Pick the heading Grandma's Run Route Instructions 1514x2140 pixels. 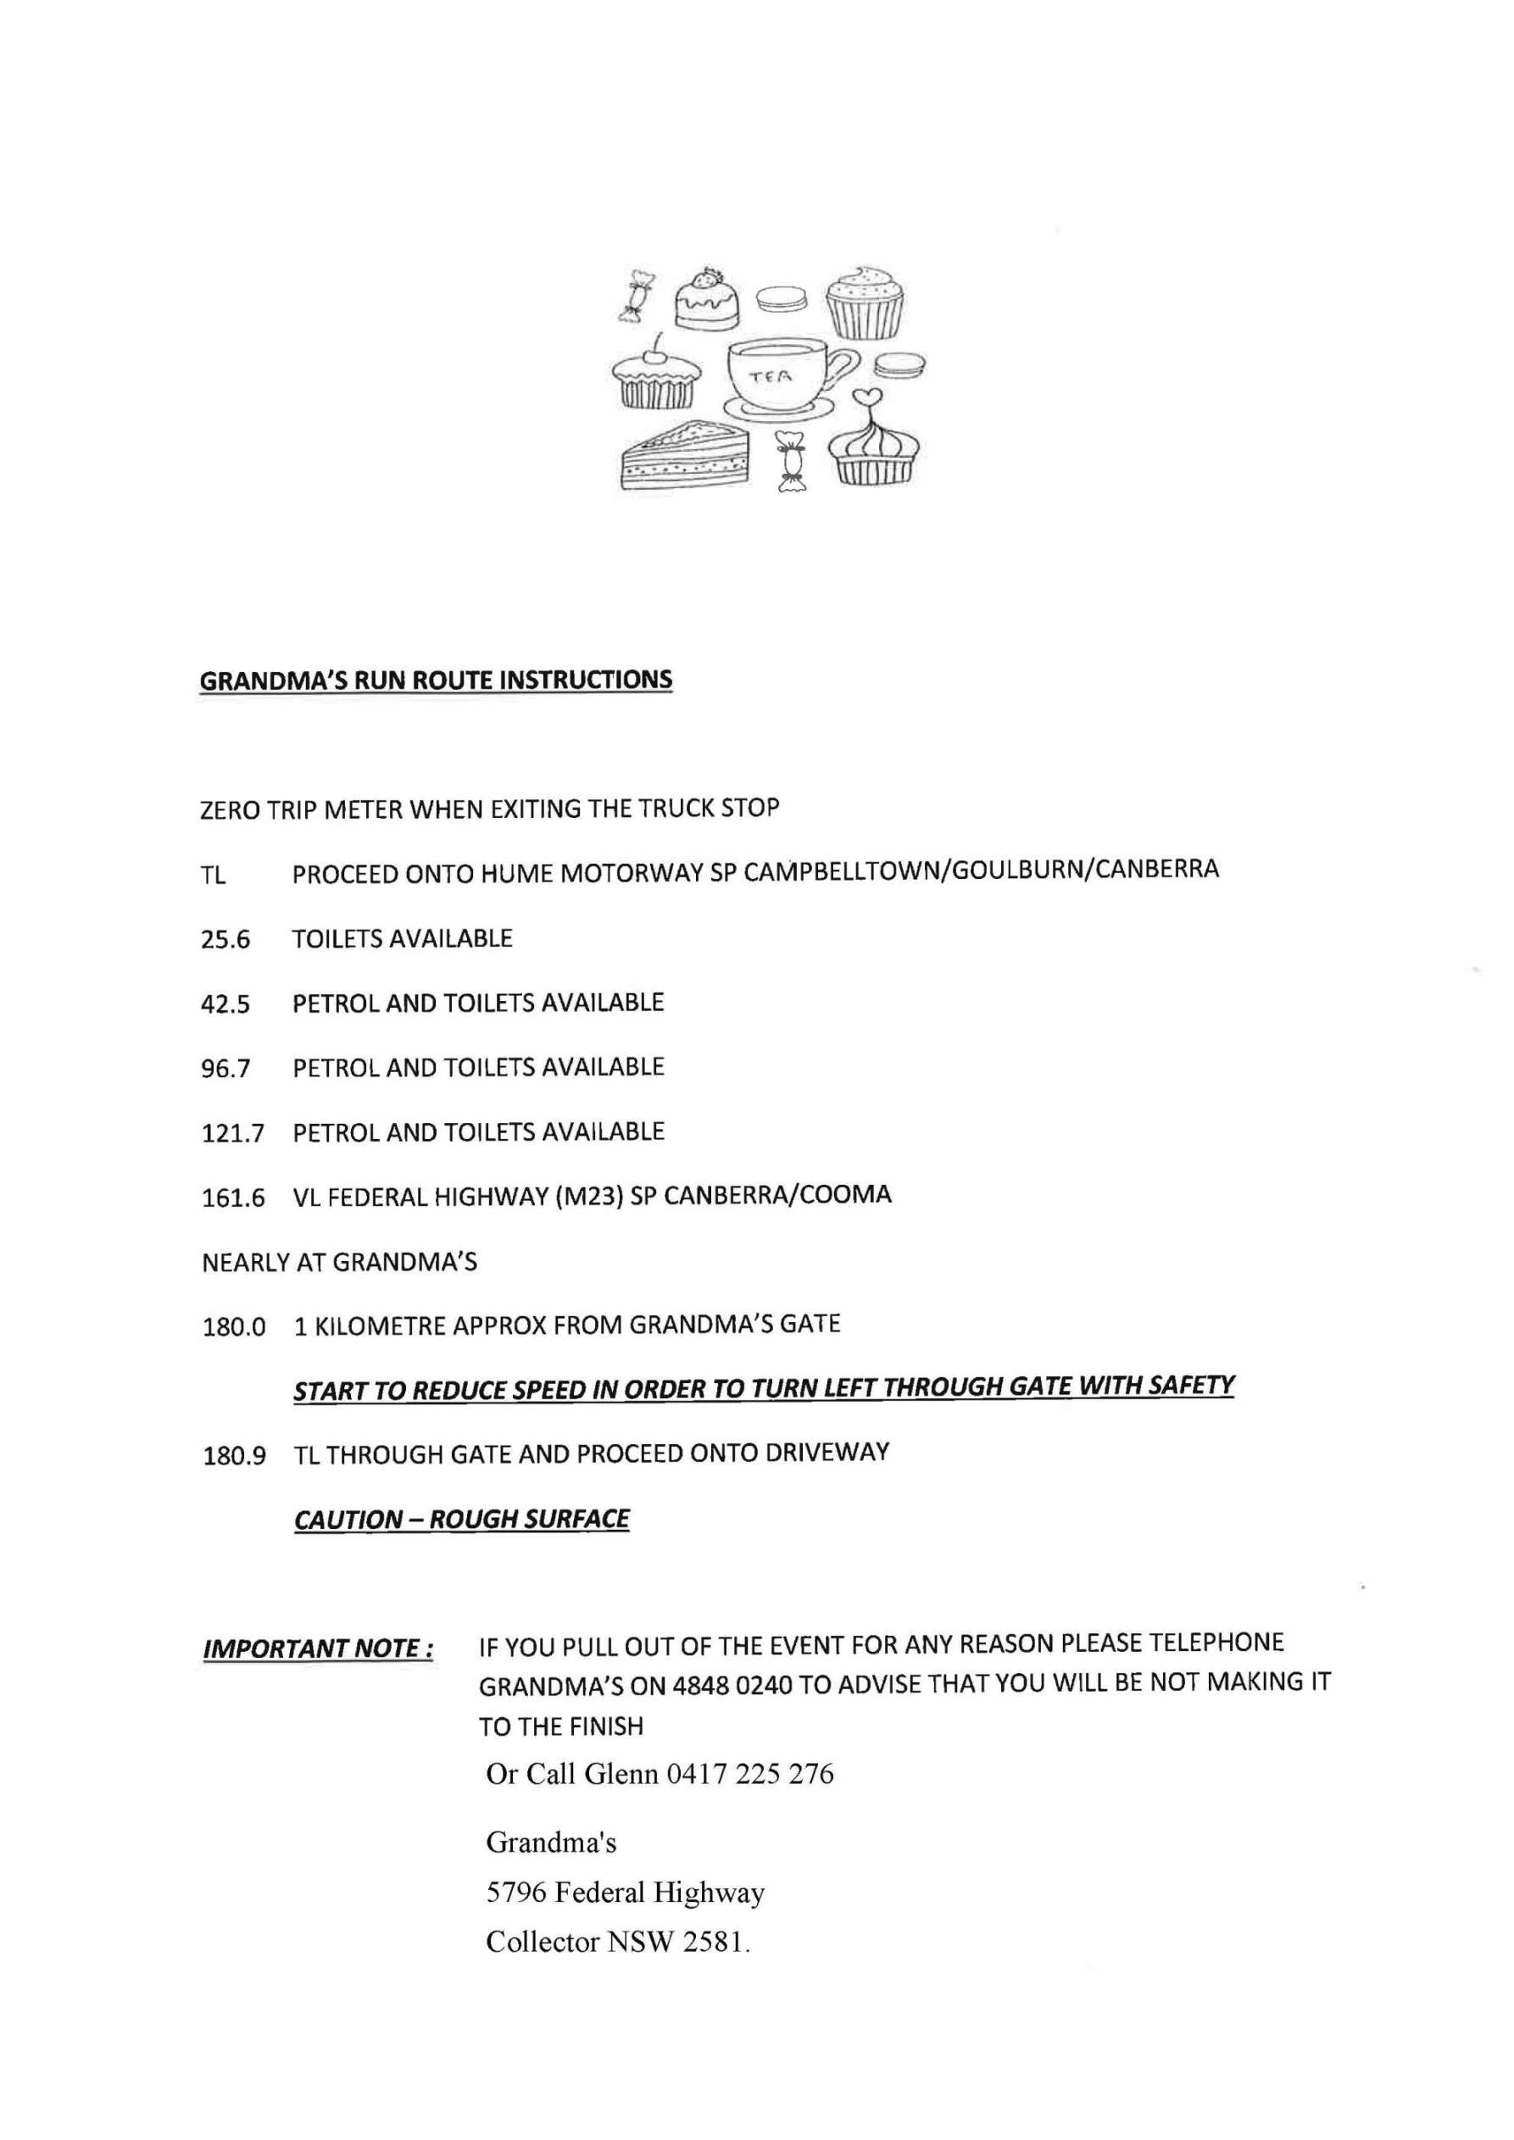pyautogui.click(x=436, y=681)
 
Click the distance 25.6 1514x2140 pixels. pyautogui.click(x=225, y=940)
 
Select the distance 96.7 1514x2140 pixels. pyautogui.click(x=225, y=1069)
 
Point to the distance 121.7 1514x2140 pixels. pyautogui.click(x=232, y=1134)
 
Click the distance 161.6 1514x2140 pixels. pyautogui.click(x=233, y=1198)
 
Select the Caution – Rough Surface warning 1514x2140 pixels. pyautogui.click(x=461, y=1520)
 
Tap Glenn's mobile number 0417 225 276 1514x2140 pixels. pyautogui.click(x=749, y=1774)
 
